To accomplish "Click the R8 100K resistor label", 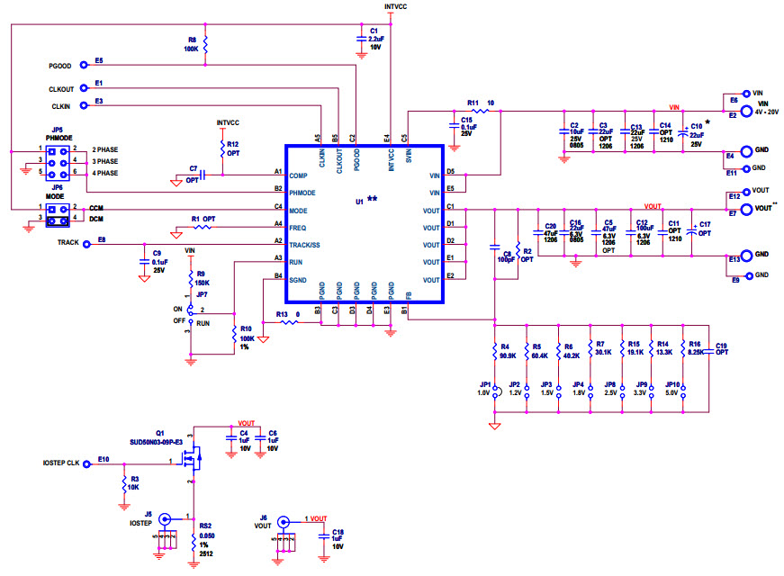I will point(192,44).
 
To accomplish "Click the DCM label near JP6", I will point(95,219).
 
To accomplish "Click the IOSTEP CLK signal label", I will point(62,463).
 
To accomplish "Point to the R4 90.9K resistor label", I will point(508,349).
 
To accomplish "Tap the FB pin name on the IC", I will point(409,295).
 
